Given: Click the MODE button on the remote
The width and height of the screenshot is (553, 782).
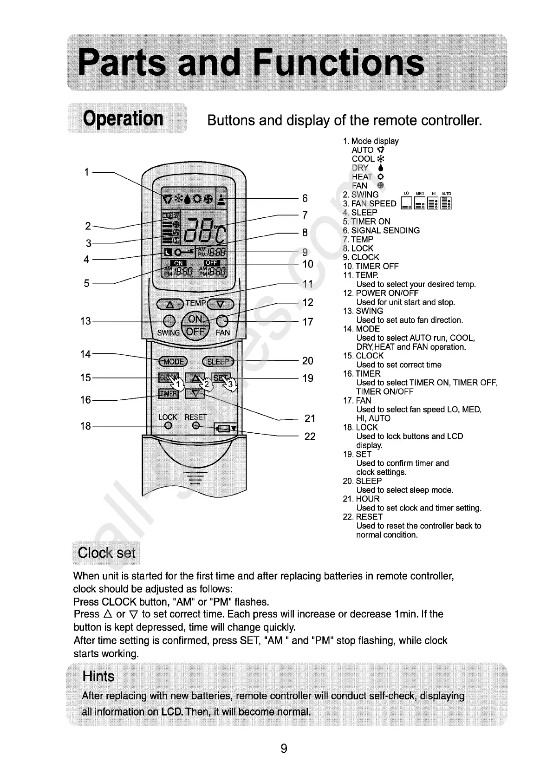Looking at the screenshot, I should (173, 362).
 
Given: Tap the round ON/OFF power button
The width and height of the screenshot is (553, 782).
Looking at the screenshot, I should (195, 326).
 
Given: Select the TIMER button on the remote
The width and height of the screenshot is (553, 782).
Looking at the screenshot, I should (169, 393).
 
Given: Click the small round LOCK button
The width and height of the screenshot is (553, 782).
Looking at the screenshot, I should (169, 426).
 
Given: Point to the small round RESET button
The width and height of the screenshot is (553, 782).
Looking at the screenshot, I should (196, 426).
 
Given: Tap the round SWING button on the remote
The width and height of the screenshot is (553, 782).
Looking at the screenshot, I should (169, 321).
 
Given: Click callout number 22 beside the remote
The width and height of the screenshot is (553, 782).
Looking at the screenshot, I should (310, 437).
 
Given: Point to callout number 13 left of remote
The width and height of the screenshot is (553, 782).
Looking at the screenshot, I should (85, 321).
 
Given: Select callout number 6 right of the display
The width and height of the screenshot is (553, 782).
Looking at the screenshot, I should (305, 198).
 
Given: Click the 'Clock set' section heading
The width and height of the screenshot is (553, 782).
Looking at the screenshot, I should (106, 553).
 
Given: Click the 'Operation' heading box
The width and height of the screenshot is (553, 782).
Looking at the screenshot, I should (124, 118).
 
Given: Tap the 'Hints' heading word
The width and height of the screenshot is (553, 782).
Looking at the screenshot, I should (98, 676).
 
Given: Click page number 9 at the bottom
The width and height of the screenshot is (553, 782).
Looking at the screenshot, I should (284, 749).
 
